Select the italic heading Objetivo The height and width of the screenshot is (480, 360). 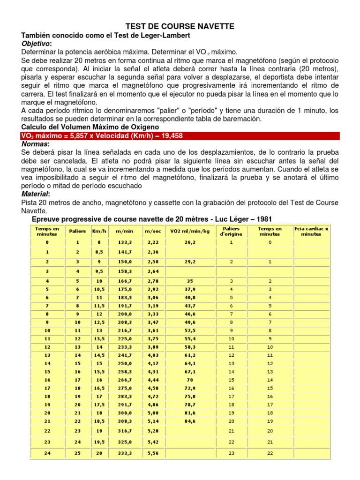(36, 43)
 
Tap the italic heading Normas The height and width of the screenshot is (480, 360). (35, 144)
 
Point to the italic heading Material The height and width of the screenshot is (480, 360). (36, 194)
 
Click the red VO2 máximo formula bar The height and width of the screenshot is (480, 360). (180, 136)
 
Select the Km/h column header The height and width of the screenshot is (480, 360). (99, 231)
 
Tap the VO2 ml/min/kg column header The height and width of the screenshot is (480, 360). (190, 231)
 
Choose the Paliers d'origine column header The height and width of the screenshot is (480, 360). (231, 231)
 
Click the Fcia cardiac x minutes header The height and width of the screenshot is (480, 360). (311, 231)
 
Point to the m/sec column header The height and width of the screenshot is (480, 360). (153, 231)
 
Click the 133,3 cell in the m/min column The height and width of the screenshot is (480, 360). (125, 242)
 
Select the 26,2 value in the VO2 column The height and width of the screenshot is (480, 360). (190, 242)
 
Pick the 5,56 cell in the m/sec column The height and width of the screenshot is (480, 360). (153, 453)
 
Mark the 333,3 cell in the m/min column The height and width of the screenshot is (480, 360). (125, 453)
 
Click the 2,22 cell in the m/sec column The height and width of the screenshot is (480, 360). (153, 242)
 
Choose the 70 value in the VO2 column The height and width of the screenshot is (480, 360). (190, 380)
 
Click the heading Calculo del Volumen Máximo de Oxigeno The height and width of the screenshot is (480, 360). (90, 127)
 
